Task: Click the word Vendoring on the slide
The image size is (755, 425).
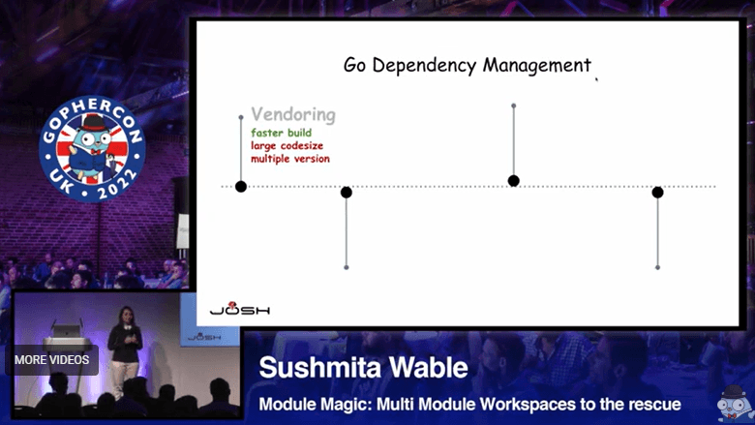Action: [293, 114]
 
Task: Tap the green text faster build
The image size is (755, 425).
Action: [282, 133]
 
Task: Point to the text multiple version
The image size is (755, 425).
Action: [290, 159]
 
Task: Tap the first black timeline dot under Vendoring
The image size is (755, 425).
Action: [241, 186]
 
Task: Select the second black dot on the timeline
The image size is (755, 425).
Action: [347, 193]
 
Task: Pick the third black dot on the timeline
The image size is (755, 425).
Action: [514, 181]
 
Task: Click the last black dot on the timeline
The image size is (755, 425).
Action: [657, 193]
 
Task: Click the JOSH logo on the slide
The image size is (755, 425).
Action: [240, 310]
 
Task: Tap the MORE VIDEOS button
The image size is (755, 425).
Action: [52, 360]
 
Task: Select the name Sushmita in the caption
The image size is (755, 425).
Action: [318, 369]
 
